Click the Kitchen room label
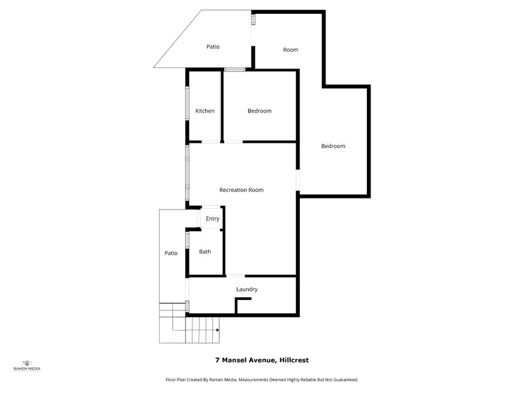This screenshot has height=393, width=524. [205, 111]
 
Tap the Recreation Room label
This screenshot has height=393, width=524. [241, 190]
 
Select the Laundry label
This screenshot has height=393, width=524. [246, 289]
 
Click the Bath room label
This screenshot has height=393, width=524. [205, 252]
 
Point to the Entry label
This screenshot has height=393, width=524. [212, 219]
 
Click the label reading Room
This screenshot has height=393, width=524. [290, 50]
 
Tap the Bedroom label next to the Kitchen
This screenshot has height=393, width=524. [259, 111]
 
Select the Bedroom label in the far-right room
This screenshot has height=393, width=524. [333, 146]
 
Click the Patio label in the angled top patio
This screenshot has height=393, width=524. [213, 47]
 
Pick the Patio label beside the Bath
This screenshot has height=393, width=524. [171, 253]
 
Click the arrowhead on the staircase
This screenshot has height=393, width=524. [217, 330]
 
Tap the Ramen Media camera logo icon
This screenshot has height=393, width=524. [27, 363]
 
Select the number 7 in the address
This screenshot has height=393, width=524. [217, 360]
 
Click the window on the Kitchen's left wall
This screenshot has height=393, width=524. [188, 103]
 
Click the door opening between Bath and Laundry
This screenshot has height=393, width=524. [235, 276]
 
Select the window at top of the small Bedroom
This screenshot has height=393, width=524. [234, 69]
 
